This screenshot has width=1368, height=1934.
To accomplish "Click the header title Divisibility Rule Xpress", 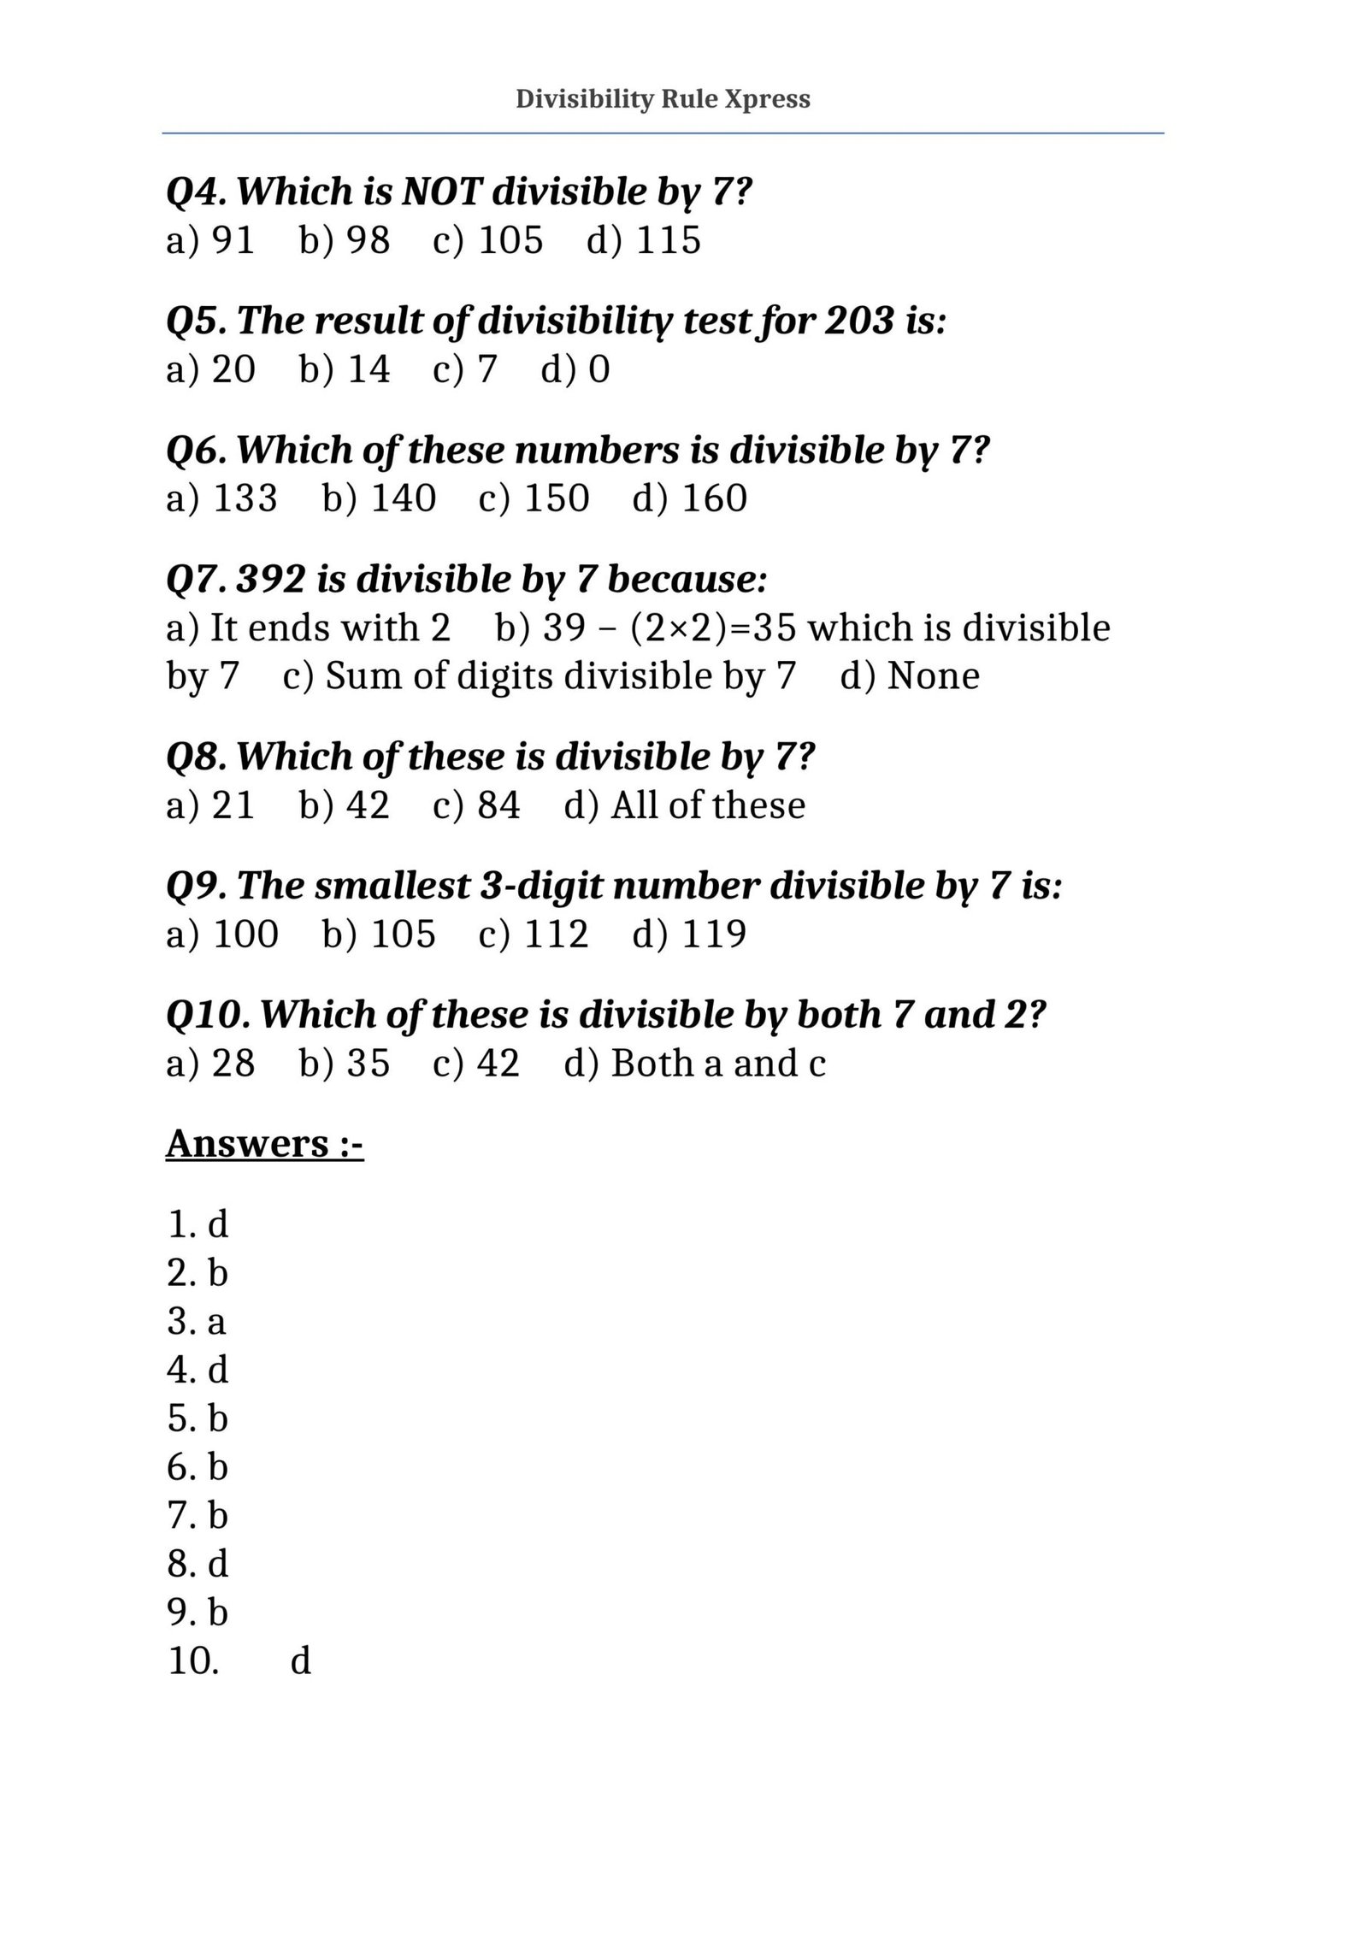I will [x=663, y=99].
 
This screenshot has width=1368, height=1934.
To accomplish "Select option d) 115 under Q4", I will [x=643, y=239].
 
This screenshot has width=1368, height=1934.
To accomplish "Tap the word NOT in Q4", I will [x=442, y=192].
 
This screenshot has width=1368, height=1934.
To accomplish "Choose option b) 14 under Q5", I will [x=345, y=369].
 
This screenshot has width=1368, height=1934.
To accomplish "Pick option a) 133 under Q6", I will [x=221, y=498].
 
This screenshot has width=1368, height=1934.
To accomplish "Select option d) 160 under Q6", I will [x=689, y=498].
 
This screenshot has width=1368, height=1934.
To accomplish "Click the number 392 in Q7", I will [x=270, y=580].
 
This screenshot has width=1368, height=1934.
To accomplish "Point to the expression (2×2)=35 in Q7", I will [x=712, y=628].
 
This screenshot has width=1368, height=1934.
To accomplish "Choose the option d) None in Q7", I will [x=910, y=676].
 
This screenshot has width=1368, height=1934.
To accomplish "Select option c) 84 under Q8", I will [x=476, y=805].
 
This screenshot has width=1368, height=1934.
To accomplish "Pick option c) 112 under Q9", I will [x=534, y=934].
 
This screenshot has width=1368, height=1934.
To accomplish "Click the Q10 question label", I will [x=208, y=1015].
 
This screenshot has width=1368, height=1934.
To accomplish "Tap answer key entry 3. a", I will [x=197, y=1321].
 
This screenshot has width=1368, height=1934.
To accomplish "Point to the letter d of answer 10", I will [x=301, y=1660].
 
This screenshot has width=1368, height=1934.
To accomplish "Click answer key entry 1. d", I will [x=198, y=1224].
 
